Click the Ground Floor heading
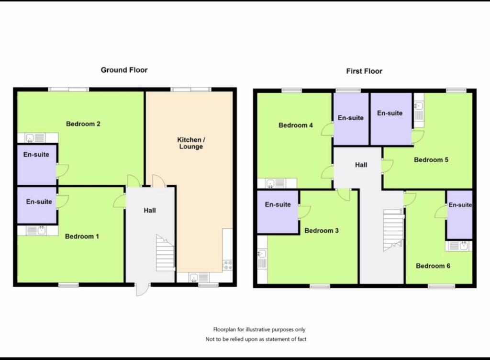pos(124,70)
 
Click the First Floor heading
pos(364,71)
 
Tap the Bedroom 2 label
pos(83,124)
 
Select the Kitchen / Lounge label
pos(191,143)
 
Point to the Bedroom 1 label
pos(82,236)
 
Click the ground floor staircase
pos(165,253)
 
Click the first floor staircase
pos(393,230)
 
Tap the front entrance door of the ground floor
pos(142,289)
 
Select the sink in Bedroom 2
pos(30,138)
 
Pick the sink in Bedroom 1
pos(42,231)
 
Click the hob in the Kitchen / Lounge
pos(227,265)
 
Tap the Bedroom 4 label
pos(296,125)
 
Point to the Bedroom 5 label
pos(431,160)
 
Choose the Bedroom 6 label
pos(433,266)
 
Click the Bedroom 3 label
pos(321,231)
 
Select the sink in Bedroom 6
pos(464,246)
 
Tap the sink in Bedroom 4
pos(270,183)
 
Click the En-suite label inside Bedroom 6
pos(460,205)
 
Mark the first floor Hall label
pos(361,165)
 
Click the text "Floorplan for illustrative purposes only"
pos(259,329)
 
